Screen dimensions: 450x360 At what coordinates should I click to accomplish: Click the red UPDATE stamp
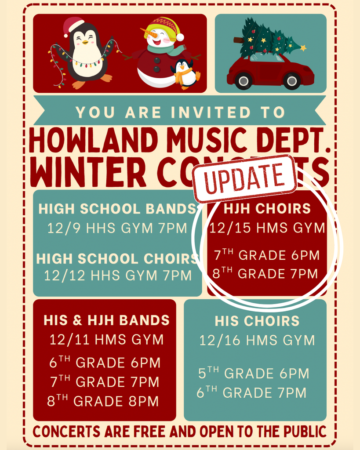244,178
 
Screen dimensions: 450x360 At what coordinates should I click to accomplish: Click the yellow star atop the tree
303,47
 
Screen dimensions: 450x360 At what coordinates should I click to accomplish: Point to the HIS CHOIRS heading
257,321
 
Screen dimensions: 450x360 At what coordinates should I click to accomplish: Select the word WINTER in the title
88,173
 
